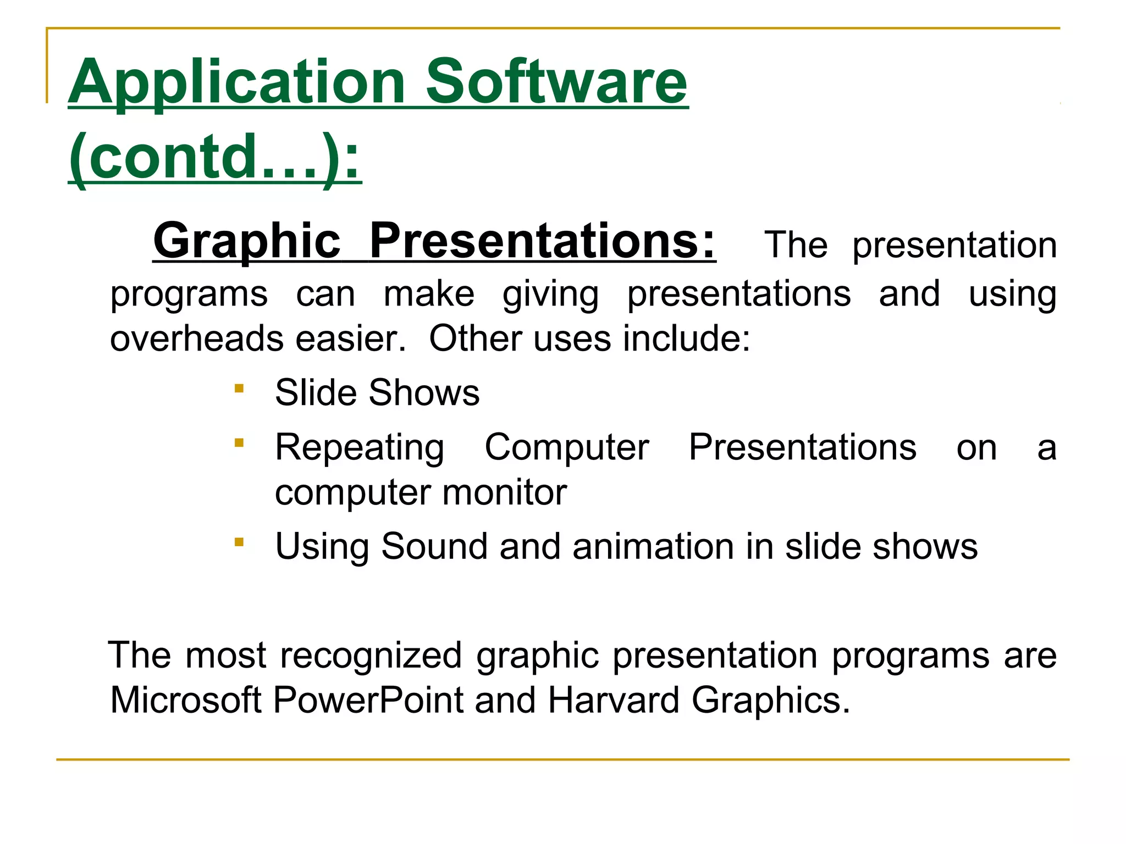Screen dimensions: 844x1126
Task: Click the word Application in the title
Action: [236, 82]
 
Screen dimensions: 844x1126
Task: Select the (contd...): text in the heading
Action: [215, 158]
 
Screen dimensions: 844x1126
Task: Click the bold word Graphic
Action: [247, 242]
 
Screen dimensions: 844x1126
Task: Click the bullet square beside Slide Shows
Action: [239, 389]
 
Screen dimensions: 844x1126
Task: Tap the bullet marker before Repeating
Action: [239, 442]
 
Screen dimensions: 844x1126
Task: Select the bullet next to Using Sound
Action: [239, 543]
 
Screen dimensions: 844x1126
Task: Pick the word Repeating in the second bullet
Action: [360, 448]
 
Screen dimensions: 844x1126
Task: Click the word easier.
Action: [350, 338]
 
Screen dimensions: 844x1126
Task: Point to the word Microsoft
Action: [186, 700]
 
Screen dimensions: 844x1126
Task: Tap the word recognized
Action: [371, 656]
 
